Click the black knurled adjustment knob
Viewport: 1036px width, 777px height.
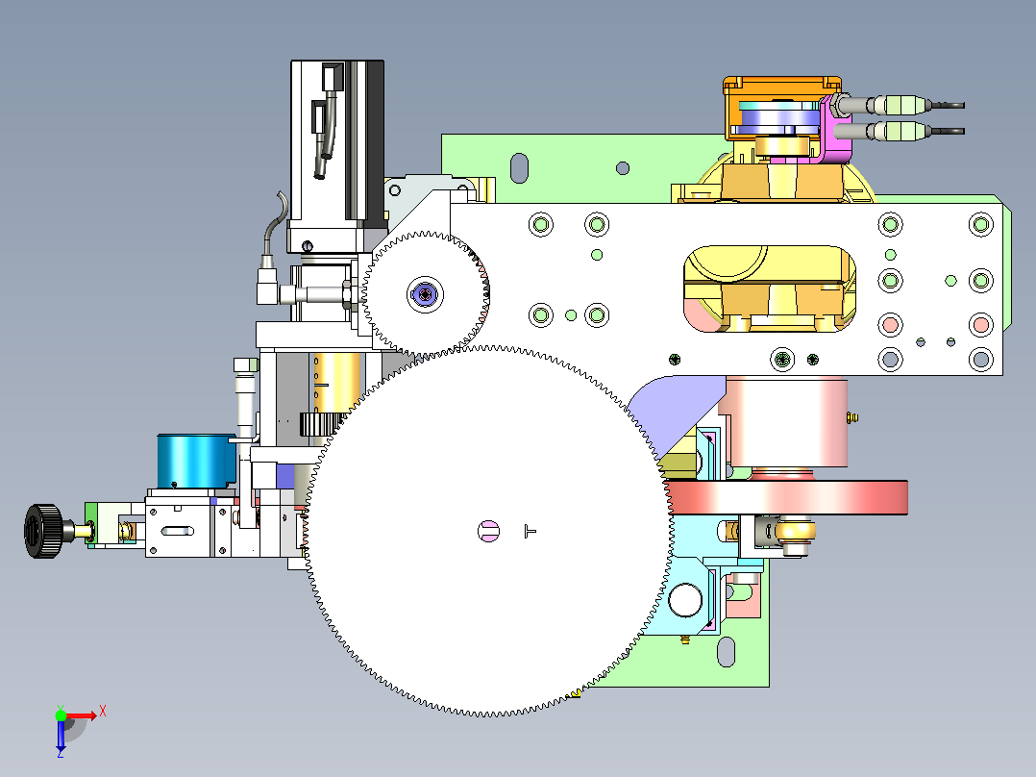[43, 531]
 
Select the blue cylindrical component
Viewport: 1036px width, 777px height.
[196, 461]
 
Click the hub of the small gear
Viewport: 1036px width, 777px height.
[425, 294]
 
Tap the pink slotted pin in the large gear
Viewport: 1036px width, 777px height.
[489, 531]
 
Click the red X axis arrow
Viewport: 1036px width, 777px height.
[82, 714]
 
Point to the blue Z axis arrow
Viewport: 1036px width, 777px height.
[61, 736]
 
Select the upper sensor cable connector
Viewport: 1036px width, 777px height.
[899, 105]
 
